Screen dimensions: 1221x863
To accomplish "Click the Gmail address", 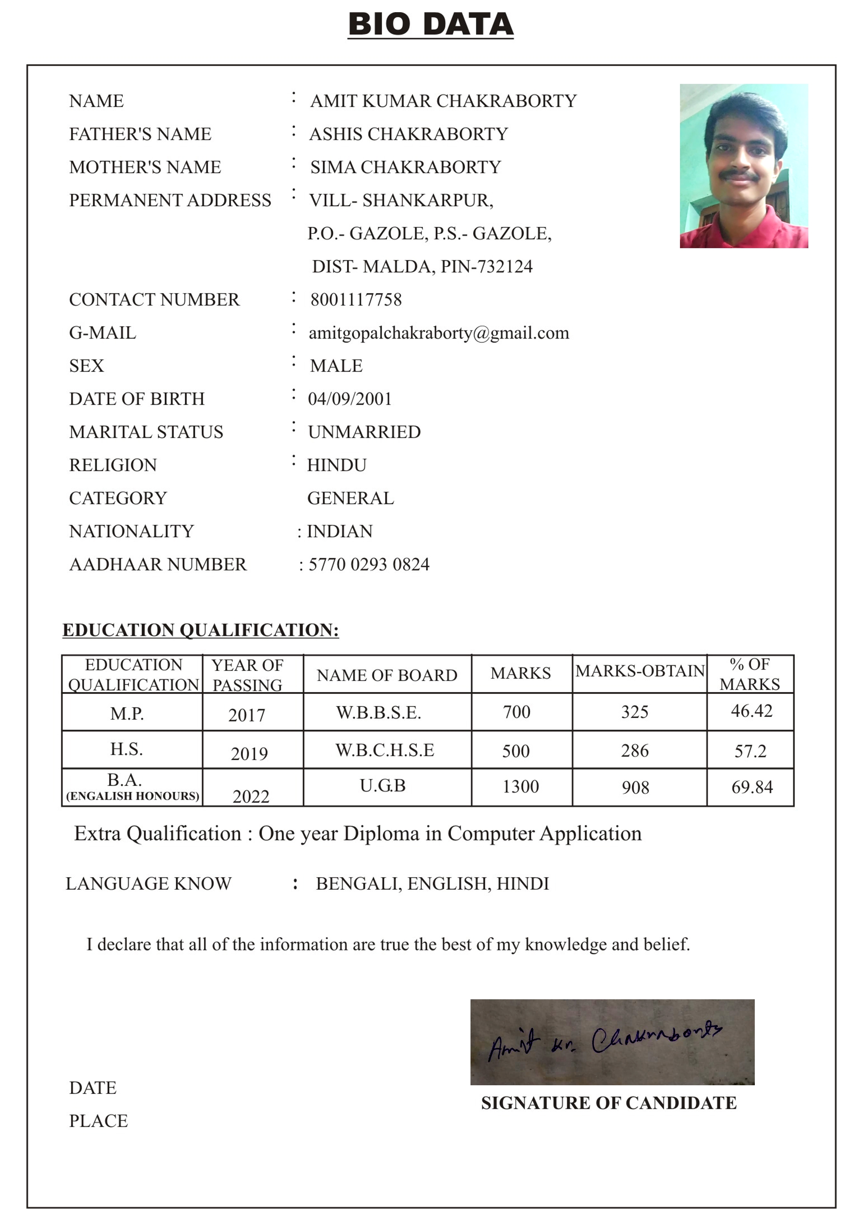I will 439,333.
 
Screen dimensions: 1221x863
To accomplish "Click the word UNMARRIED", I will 364,432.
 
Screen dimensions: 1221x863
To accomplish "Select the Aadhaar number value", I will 369,564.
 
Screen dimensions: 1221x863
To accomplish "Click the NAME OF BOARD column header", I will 387,675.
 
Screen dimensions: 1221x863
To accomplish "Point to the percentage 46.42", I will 751,711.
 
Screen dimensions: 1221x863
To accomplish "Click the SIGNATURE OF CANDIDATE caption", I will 609,1103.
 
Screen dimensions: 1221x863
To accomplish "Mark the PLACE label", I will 98,1120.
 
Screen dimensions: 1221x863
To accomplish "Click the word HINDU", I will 337,465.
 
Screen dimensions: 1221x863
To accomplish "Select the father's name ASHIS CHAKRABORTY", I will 409,134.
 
